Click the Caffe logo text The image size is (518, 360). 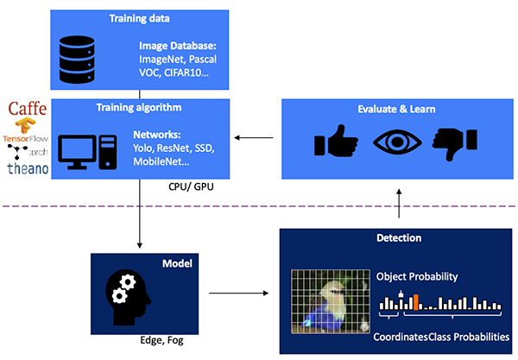28,109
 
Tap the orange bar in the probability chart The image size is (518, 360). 415,302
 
